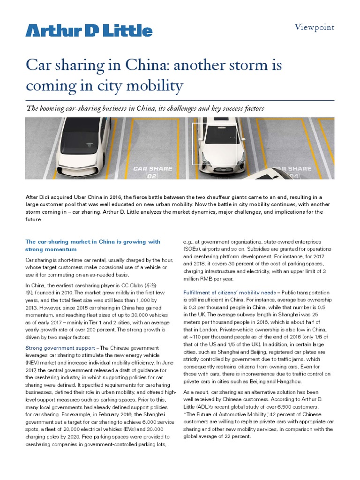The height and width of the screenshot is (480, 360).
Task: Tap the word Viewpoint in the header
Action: coord(315,27)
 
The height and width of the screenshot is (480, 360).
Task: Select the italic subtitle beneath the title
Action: coord(145,108)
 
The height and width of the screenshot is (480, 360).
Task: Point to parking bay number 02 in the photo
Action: coord(152,176)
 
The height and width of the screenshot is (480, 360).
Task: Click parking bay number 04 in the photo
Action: coord(293,176)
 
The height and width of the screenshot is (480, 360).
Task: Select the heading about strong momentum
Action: coord(92,246)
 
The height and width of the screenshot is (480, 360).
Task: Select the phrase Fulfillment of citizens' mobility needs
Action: coord(229,292)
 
